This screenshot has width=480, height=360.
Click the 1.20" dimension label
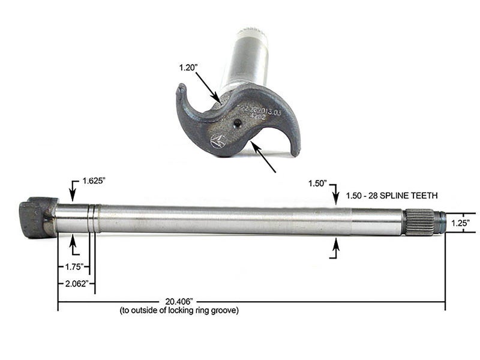[x=188, y=68]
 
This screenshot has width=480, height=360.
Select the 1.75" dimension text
[x=68, y=266]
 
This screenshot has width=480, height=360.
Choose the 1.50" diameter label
[x=317, y=182]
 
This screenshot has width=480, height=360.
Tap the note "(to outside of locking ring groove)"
[x=179, y=310]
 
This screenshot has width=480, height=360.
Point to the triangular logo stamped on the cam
[x=217, y=142]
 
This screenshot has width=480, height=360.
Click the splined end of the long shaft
[x=420, y=222]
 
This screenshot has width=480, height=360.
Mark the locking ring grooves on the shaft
[x=92, y=218]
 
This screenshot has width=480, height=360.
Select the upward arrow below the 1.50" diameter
[x=335, y=246]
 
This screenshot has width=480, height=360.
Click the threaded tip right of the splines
[x=440, y=222]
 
